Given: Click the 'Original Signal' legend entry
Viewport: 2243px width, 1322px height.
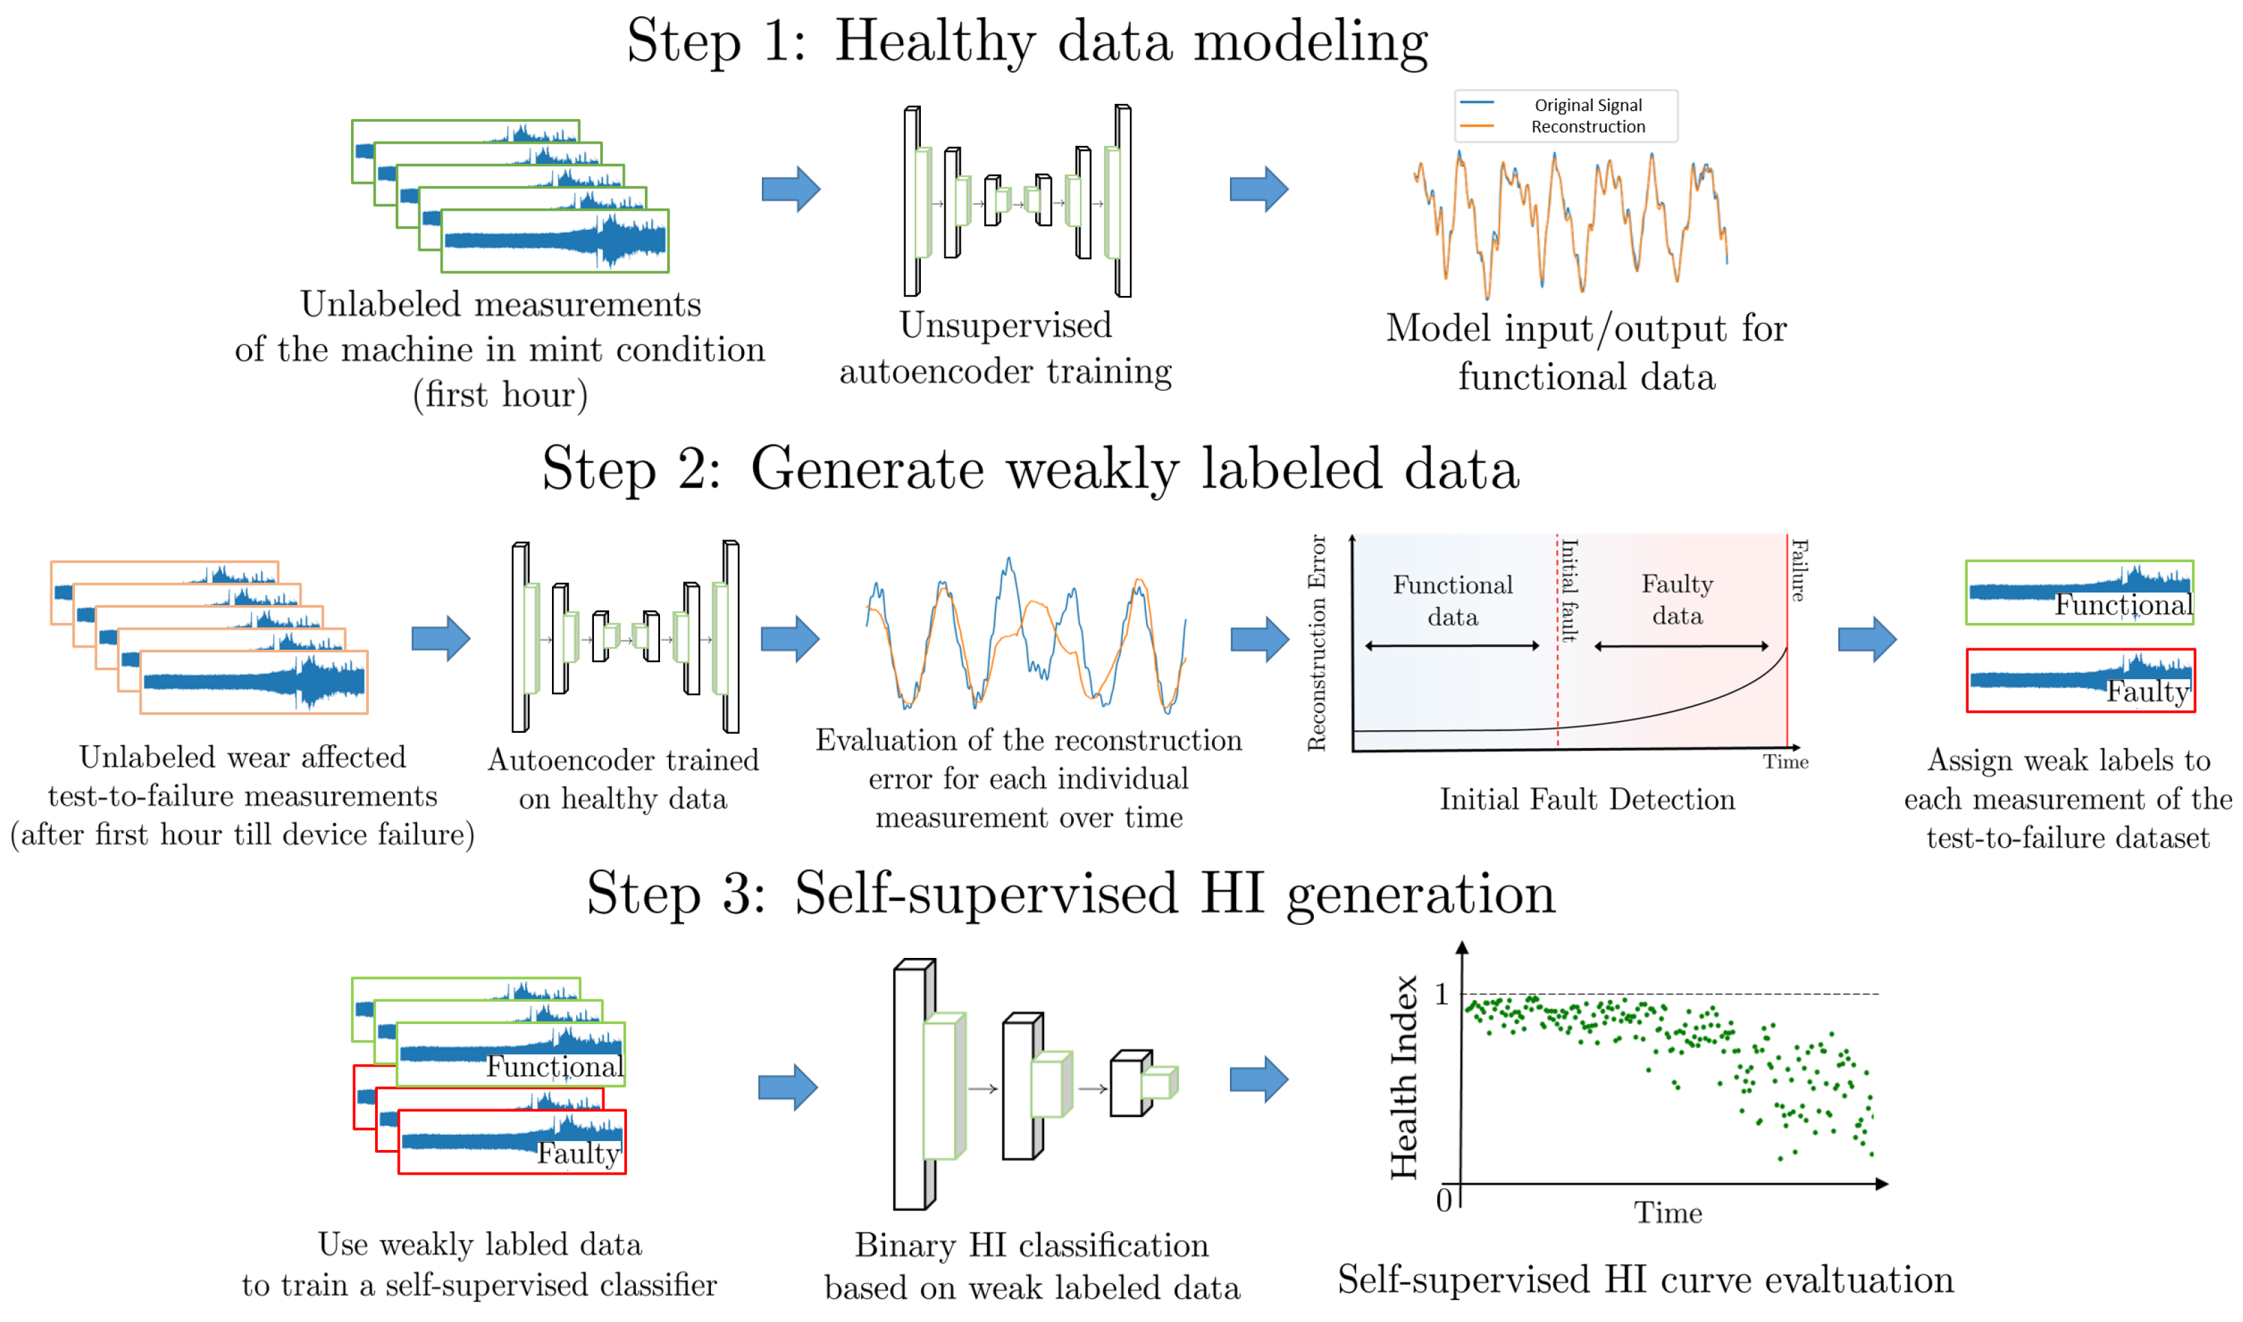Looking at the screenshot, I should click(x=1587, y=105).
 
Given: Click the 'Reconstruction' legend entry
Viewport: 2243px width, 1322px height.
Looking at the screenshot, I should click(x=1587, y=127).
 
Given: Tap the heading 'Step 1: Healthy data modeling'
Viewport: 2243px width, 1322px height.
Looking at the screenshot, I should click(x=1026, y=42).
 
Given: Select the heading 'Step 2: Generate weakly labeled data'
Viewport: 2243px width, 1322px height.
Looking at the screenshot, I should click(x=1030, y=469).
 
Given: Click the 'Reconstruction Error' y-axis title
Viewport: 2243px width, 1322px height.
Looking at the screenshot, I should click(x=1316, y=643).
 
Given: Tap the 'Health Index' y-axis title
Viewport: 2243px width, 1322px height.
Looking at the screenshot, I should click(x=1404, y=1078).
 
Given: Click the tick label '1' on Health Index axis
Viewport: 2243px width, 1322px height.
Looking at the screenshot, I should click(x=1441, y=994).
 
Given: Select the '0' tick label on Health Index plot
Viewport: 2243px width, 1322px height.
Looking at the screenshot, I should click(x=1443, y=1200).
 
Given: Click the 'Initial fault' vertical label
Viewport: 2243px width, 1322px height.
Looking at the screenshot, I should click(x=1570, y=590).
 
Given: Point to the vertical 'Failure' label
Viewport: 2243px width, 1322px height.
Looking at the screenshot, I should click(x=1798, y=570).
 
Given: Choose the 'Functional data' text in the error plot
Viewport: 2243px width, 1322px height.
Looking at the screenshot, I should click(x=1452, y=600).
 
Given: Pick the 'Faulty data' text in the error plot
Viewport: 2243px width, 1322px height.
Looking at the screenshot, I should click(x=1677, y=599).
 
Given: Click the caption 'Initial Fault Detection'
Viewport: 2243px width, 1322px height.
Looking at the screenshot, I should click(x=1586, y=799).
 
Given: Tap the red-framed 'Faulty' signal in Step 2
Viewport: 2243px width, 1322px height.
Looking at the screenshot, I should click(x=2080, y=681).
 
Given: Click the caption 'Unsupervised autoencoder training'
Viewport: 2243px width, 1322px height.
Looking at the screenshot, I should click(x=1005, y=348).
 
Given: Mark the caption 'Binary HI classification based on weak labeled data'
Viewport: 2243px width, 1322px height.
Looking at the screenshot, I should click(x=1032, y=1266).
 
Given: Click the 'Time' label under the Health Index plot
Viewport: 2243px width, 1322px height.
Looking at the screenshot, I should click(x=1668, y=1213).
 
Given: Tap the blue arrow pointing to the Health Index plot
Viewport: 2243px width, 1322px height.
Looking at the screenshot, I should click(x=1258, y=1080).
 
